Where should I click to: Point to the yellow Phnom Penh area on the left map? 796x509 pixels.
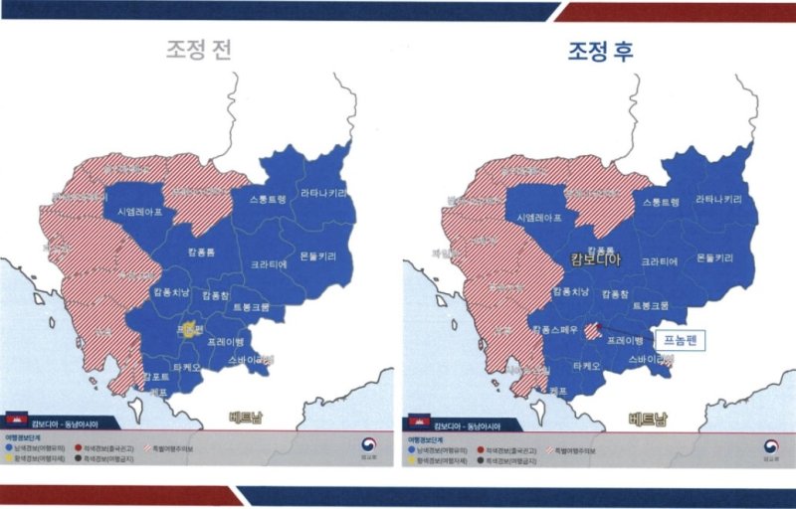point(189,332)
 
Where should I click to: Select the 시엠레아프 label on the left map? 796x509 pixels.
point(137,213)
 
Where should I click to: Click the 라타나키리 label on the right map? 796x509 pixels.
point(718,200)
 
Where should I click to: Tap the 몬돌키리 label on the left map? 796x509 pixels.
point(317,255)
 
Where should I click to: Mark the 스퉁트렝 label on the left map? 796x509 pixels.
point(260,200)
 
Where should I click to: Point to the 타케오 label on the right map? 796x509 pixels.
point(586,367)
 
